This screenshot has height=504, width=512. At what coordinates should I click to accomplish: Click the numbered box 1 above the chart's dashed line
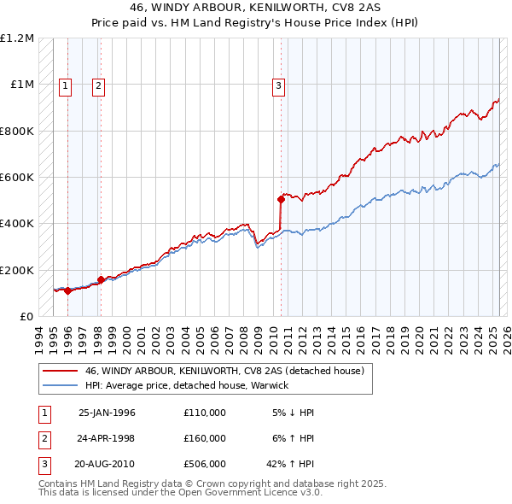click(x=67, y=85)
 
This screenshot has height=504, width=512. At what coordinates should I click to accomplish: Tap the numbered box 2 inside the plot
click(x=99, y=85)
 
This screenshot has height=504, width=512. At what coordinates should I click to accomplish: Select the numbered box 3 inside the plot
click(x=278, y=85)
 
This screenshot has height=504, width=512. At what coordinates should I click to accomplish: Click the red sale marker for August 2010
click(x=281, y=199)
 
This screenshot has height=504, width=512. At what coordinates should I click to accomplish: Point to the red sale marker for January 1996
click(x=67, y=291)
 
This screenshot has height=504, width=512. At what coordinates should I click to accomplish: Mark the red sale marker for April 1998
click(x=101, y=279)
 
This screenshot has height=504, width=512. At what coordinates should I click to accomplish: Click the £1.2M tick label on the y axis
click(x=17, y=38)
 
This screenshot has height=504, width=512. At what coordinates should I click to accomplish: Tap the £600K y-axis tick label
click(x=17, y=178)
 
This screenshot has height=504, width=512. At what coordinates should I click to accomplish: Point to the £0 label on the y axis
click(x=25, y=316)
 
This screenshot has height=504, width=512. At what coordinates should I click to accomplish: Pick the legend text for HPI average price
click(x=187, y=385)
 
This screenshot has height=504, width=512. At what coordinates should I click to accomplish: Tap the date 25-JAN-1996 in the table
click(x=107, y=413)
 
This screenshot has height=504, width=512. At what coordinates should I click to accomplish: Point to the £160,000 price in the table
click(x=204, y=438)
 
